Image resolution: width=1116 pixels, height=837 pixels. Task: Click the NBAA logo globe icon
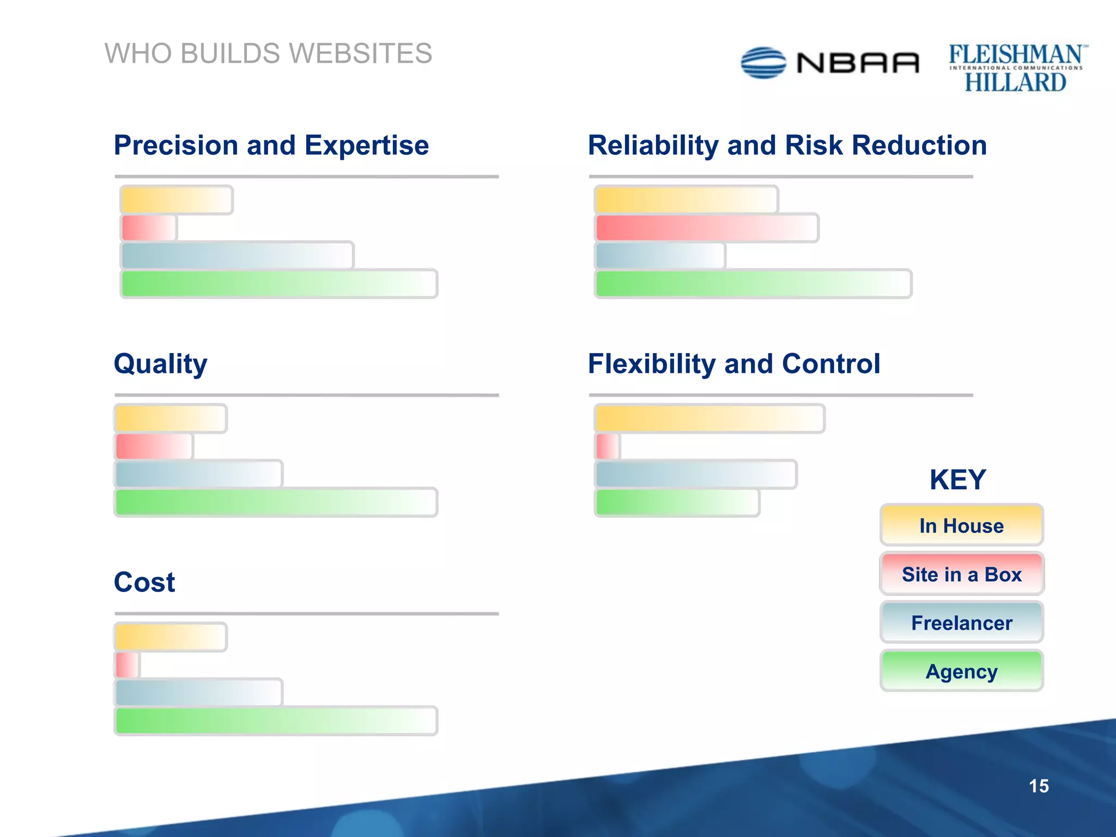pos(763,63)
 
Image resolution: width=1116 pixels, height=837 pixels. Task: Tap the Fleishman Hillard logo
pos(1016,68)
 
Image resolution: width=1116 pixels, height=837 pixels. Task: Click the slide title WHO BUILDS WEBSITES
pos(268,53)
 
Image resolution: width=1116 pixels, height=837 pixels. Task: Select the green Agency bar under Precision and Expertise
pos(278,283)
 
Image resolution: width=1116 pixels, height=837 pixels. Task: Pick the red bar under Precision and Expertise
pos(149,228)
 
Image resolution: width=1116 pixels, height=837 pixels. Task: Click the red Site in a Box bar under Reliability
pos(707,228)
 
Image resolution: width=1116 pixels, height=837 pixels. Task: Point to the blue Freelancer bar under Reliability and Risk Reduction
pos(660,256)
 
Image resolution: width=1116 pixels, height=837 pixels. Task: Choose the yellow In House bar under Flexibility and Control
pos(709,418)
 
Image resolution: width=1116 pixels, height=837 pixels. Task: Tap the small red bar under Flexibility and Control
pos(608,446)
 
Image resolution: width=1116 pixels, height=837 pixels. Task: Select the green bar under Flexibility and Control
pos(677,502)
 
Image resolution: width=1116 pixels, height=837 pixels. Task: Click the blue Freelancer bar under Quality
pos(198,474)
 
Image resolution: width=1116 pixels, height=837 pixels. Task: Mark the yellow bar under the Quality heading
pos(171,418)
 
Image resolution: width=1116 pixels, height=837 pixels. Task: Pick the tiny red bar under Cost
pos(128,665)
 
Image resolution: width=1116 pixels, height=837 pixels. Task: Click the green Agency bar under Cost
pos(276,720)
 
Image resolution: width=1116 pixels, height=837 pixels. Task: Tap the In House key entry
pos(961,525)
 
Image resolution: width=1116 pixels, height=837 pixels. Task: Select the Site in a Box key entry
pos(961,574)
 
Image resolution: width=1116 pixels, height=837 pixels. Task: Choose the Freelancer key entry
pos(961,622)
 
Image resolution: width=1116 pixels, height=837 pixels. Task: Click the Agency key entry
pos(961,671)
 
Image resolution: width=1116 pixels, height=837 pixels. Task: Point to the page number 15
pos(1039,786)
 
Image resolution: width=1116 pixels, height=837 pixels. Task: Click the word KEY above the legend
pos(957,480)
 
